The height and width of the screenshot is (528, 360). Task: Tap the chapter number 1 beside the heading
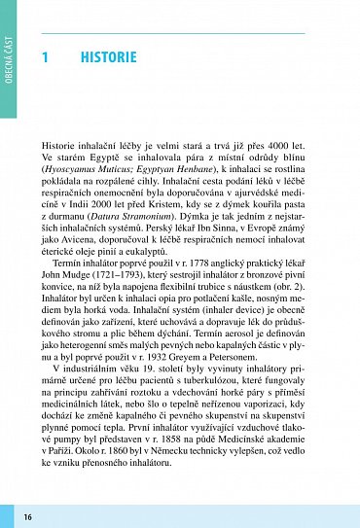coord(45,57)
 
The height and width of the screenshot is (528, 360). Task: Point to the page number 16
coord(28,515)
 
